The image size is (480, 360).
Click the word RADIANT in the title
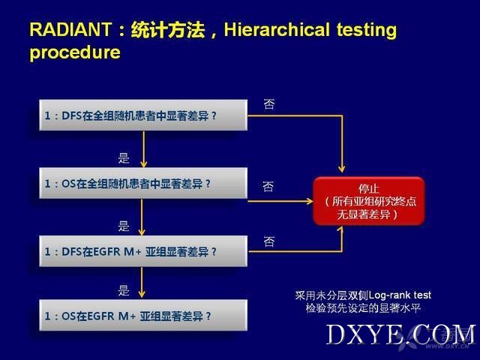click(70, 30)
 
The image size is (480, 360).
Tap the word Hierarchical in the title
click(277, 30)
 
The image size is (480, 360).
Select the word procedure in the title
click(75, 52)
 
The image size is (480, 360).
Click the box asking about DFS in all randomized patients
click(143, 115)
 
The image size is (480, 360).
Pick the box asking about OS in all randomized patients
click(143, 183)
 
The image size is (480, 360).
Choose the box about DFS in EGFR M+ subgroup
click(143, 251)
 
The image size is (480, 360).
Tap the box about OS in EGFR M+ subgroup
click(143, 315)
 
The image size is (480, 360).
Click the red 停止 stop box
click(369, 201)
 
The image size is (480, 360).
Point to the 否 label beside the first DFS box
click(269, 104)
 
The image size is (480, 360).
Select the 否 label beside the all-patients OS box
click(268, 186)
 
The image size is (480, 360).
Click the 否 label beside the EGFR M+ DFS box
click(269, 241)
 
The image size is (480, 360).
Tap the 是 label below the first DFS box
click(124, 158)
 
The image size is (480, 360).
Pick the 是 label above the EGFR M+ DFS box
click(124, 226)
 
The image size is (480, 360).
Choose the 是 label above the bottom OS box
click(124, 290)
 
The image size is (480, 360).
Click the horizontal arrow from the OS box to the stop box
click(280, 201)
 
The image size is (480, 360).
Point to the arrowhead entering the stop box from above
click(342, 169)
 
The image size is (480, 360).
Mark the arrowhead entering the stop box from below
click(342, 230)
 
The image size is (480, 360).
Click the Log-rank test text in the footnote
click(400, 295)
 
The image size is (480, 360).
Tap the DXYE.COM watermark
click(400, 334)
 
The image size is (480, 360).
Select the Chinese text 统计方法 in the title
click(168, 30)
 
